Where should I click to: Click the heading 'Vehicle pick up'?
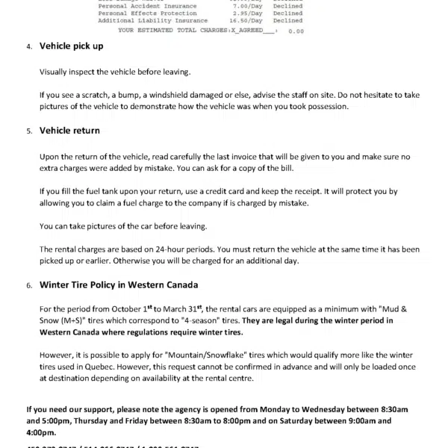coord(71,46)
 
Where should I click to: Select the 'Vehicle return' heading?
coord(69,130)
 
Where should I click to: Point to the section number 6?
coord(28,286)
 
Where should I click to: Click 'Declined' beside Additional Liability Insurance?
coord(287,21)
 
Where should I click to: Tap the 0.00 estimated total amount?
coord(296,31)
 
